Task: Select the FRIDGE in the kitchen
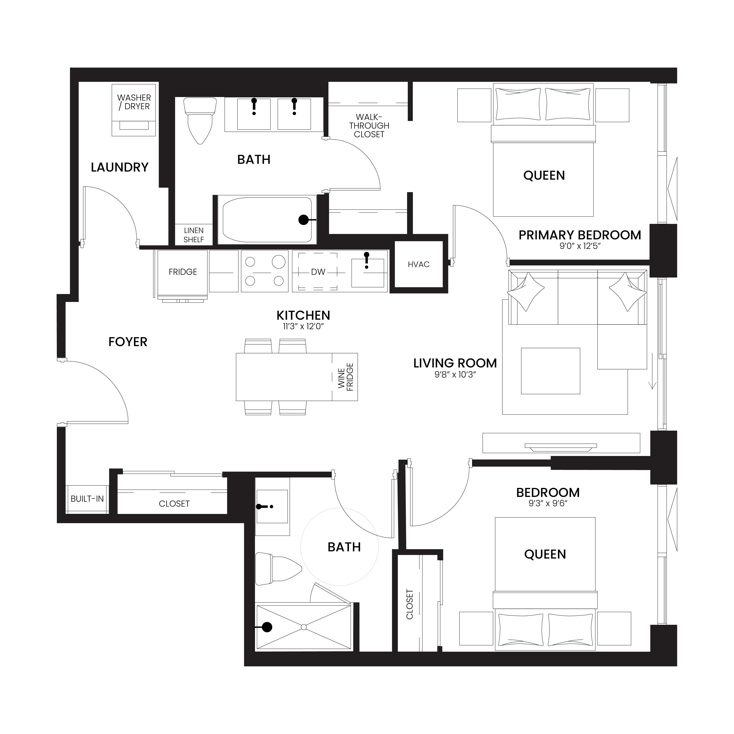click(x=183, y=272)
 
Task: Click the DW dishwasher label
click(x=318, y=272)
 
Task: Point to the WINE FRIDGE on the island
click(x=345, y=377)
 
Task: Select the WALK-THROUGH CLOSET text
click(x=369, y=126)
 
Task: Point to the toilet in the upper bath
click(x=200, y=121)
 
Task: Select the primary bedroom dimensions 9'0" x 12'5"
click(x=580, y=246)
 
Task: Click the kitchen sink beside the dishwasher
click(x=367, y=273)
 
